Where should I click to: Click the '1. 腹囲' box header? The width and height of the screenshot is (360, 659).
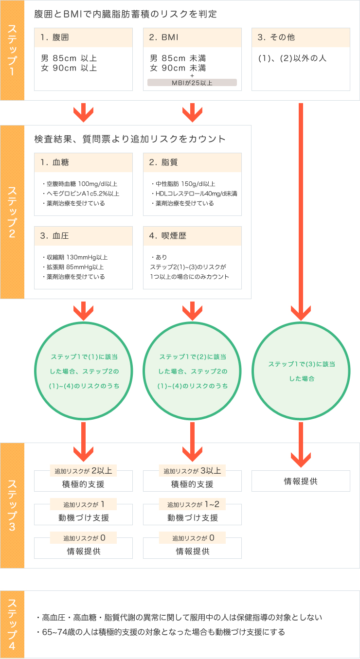click(x=83, y=37)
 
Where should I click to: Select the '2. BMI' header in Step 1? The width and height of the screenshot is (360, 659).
click(x=192, y=37)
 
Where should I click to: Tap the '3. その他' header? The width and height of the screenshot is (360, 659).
click(x=301, y=37)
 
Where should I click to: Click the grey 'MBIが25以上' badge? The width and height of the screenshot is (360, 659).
click(x=192, y=83)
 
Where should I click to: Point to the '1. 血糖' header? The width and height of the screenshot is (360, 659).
click(x=83, y=162)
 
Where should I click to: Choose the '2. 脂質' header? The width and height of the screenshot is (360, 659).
click(x=192, y=162)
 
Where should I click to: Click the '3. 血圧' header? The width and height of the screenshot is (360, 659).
click(x=83, y=236)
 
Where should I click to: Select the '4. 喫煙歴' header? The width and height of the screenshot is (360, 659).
click(x=192, y=236)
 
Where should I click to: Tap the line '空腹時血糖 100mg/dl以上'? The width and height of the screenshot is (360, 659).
click(x=80, y=184)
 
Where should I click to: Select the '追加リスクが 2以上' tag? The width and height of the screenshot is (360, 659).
click(x=83, y=471)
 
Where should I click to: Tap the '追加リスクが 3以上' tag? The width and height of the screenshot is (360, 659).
click(x=192, y=471)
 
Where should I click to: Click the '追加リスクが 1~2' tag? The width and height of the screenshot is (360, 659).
click(x=192, y=504)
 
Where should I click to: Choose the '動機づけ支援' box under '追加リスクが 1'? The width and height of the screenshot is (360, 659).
click(x=83, y=518)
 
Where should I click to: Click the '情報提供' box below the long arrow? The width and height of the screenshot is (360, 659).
click(x=301, y=481)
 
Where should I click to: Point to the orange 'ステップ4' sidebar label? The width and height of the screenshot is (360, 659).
click(x=12, y=625)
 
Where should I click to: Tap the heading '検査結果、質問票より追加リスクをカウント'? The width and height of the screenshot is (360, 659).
click(x=130, y=139)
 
